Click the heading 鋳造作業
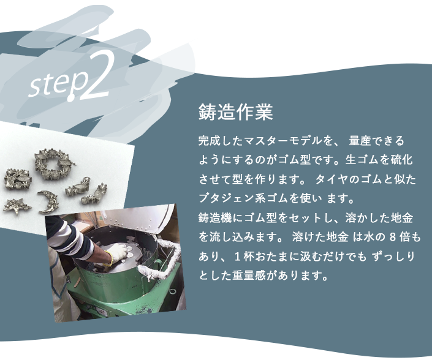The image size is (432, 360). point(235,113)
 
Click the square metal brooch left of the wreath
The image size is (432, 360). point(14,174)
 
